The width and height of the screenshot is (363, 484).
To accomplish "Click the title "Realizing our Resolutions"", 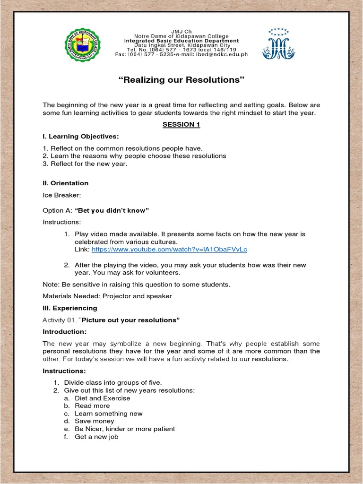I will coord(181,80).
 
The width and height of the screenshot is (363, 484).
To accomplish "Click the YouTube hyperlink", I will coord(169,249).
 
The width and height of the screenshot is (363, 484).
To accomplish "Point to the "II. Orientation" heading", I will coord(66,183).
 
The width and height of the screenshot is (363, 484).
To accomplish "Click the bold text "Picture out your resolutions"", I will coord(131,320).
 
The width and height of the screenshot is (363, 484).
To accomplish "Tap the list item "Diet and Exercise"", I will coord(102,398).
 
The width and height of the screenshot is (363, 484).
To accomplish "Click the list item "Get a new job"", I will coord(96,437).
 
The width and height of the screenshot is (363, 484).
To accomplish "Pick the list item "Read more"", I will coord(92,406).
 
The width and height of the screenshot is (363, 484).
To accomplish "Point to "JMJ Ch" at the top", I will coord(181,31).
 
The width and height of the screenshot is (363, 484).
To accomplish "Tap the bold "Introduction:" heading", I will coord(65,332).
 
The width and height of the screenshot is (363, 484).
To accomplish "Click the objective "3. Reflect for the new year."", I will coord(85,164).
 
